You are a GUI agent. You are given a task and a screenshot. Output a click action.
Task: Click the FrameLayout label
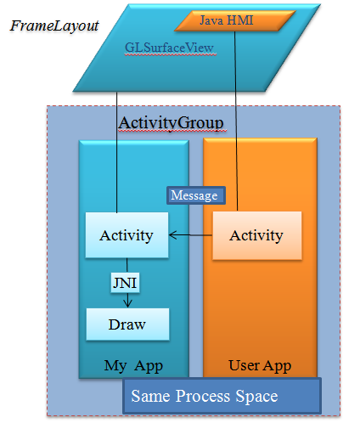click(x=54, y=26)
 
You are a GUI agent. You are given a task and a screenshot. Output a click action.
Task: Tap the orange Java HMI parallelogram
click(x=235, y=20)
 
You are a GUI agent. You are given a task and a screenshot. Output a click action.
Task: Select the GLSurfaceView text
click(x=169, y=48)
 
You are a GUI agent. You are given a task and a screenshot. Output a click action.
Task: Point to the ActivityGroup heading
click(x=171, y=123)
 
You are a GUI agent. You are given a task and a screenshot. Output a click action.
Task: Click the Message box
click(x=196, y=195)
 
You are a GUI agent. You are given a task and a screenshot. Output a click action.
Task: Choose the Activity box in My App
click(x=127, y=235)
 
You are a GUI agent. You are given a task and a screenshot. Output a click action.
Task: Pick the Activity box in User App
click(x=257, y=235)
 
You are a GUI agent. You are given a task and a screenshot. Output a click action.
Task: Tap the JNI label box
click(x=125, y=283)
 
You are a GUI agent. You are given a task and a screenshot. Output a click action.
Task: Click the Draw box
click(x=127, y=324)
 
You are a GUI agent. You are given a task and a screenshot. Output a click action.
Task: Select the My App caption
click(x=133, y=365)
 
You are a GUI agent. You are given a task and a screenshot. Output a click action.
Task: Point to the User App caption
click(x=260, y=365)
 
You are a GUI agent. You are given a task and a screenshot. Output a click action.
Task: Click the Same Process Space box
click(x=222, y=396)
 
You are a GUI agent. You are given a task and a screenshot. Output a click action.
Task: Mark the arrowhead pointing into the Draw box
click(x=127, y=304)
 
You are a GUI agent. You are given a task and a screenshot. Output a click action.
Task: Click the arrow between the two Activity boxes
click(x=190, y=235)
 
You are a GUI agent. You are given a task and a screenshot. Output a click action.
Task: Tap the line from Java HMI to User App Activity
click(x=236, y=121)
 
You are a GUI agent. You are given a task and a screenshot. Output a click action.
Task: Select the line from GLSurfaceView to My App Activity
click(x=116, y=152)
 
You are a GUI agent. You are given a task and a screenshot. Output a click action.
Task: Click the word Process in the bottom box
click(x=203, y=396)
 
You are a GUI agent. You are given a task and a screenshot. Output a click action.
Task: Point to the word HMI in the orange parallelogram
click(x=240, y=20)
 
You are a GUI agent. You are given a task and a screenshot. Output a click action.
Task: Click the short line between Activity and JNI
click(x=127, y=265)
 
